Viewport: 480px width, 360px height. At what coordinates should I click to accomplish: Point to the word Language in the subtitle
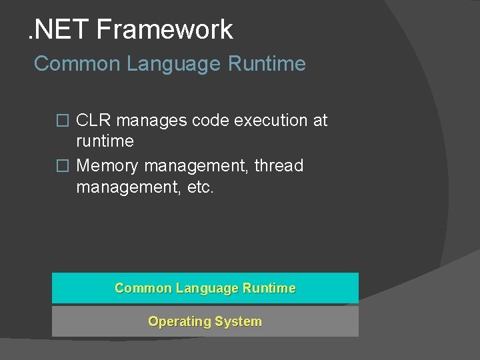(x=167, y=64)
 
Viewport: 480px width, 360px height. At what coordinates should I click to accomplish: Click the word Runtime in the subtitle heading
(x=267, y=64)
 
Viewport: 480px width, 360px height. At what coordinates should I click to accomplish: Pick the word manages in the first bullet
(x=151, y=121)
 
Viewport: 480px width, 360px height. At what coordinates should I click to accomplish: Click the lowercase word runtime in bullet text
(x=105, y=141)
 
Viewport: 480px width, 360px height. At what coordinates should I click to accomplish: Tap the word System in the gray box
(x=238, y=321)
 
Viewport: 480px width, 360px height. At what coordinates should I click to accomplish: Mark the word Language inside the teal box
(x=207, y=288)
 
